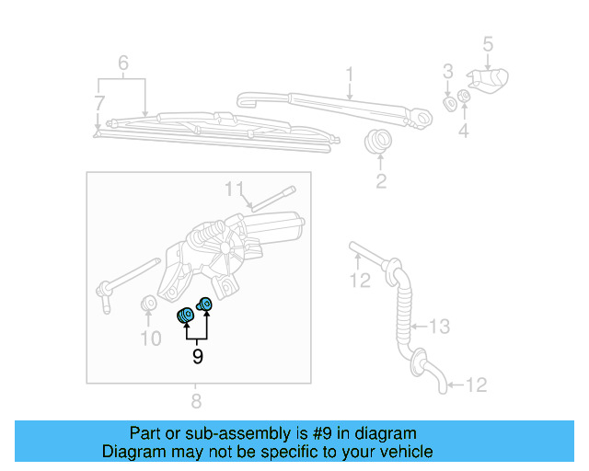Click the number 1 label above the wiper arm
pyautogui.click(x=350, y=74)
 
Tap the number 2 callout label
pyautogui.click(x=381, y=181)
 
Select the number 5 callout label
pyautogui.click(x=488, y=43)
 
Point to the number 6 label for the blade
pyautogui.click(x=122, y=63)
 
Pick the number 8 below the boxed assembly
pyautogui.click(x=196, y=401)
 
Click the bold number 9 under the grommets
pyautogui.click(x=197, y=355)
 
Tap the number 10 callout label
pyautogui.click(x=150, y=339)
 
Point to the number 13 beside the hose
pyautogui.click(x=442, y=326)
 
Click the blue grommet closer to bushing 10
pyautogui.click(x=185, y=316)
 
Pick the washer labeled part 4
pyautogui.click(x=464, y=96)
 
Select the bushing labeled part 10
pyautogui.click(x=147, y=304)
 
